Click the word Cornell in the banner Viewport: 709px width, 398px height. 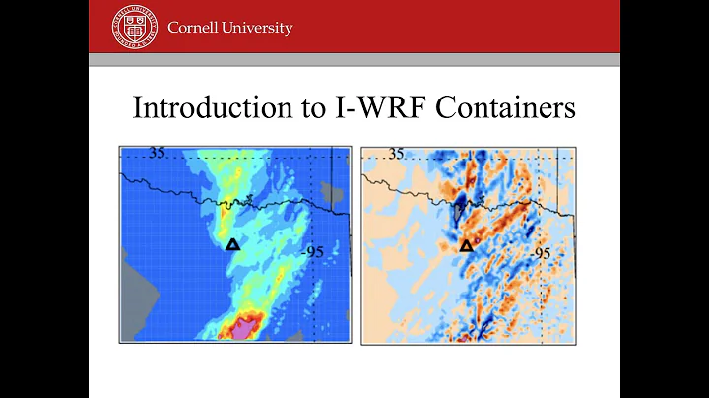[194, 28]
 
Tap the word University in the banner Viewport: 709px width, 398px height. [258, 28]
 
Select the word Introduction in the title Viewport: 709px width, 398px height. [212, 107]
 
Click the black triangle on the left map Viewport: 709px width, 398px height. [232, 244]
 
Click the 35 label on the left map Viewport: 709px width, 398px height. [158, 153]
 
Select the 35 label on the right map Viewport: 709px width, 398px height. [396, 154]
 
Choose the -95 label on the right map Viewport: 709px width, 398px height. [541, 253]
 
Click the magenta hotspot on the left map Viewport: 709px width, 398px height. [240, 328]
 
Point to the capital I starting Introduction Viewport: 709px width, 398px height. [138, 107]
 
